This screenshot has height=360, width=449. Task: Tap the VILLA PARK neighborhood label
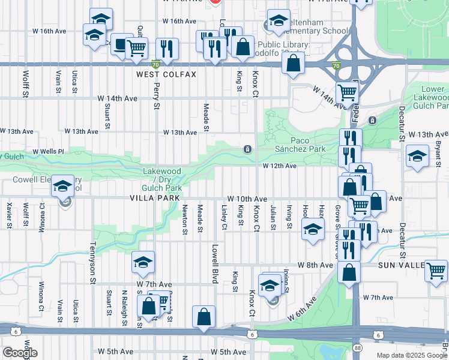click(x=151, y=198)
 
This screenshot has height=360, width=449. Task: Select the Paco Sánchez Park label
click(x=300, y=145)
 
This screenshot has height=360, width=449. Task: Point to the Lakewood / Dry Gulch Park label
click(x=161, y=179)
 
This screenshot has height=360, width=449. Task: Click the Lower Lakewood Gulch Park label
click(x=431, y=97)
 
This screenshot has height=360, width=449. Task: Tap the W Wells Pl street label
click(x=48, y=151)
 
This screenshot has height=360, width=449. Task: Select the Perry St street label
click(x=156, y=96)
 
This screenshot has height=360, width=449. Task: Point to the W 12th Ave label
click(x=279, y=166)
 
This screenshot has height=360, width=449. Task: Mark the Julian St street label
click(x=273, y=217)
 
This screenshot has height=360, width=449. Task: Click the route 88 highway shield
click(x=357, y=348)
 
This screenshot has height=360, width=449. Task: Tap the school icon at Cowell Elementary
click(x=62, y=186)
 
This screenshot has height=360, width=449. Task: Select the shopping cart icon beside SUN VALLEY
click(x=436, y=271)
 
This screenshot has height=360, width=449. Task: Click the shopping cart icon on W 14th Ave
click(x=347, y=92)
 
